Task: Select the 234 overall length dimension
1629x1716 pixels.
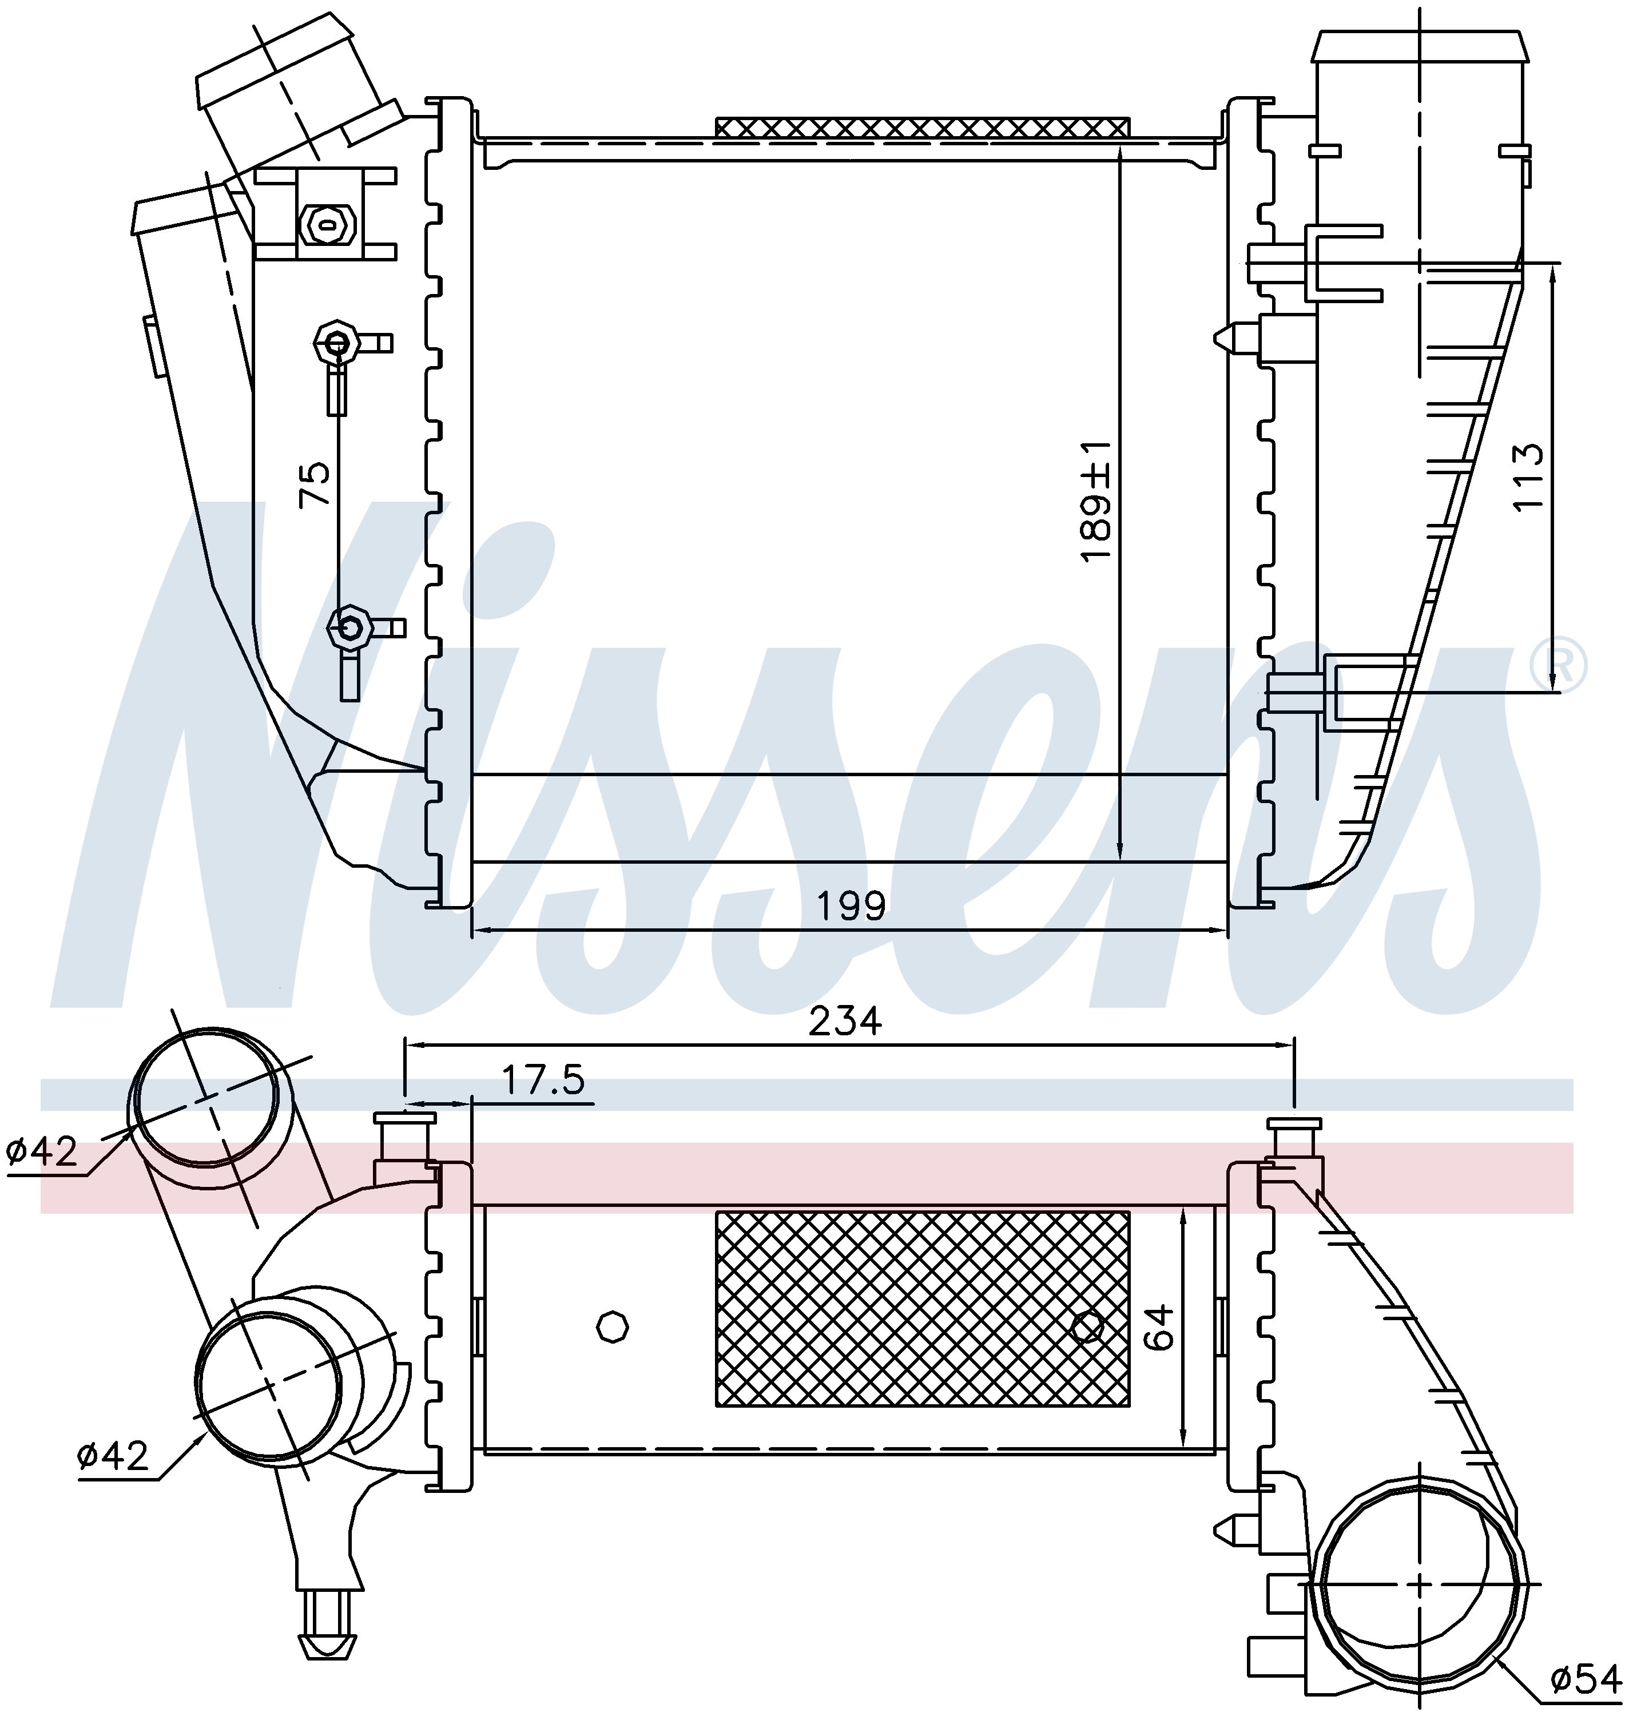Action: [845, 1021]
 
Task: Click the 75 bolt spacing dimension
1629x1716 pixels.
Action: [315, 484]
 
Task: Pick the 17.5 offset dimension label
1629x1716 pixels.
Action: [543, 1081]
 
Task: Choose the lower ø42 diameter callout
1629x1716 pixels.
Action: [113, 1456]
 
